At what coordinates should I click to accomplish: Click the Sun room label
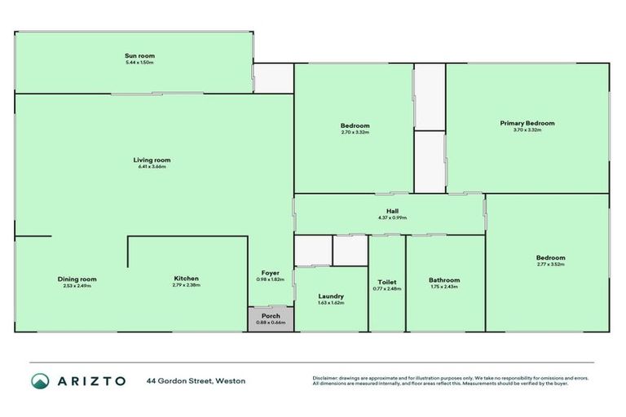tap(139, 55)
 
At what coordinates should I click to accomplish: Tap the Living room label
tap(152, 160)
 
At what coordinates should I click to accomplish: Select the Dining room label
tap(77, 279)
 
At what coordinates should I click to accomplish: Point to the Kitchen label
tap(186, 279)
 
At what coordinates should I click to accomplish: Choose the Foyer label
tap(271, 273)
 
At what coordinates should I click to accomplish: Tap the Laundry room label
tap(331, 296)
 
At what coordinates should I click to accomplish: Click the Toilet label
tap(388, 280)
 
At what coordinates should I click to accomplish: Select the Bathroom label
tap(444, 280)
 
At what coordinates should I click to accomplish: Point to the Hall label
tap(392, 211)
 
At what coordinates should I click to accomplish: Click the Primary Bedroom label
tap(527, 123)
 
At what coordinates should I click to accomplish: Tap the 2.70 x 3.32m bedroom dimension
tap(355, 132)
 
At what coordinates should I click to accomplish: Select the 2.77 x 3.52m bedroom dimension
tap(551, 265)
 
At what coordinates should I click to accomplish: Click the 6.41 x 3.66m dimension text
tap(152, 167)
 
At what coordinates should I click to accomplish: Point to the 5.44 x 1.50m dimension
tap(139, 63)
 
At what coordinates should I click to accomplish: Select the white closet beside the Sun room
tap(273, 78)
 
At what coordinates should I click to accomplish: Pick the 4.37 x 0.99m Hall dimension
tap(392, 217)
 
